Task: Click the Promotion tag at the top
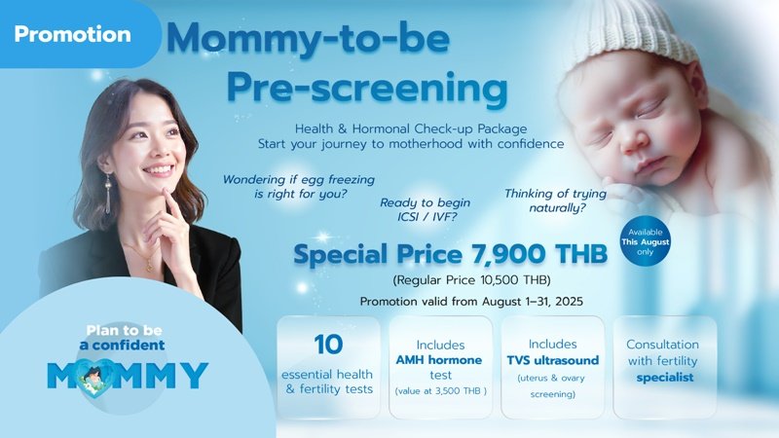tap(72, 34)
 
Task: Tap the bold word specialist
tap(662, 378)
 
